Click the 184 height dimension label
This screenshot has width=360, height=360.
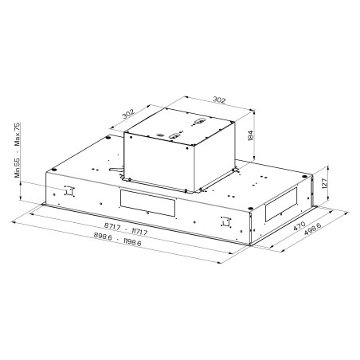coord(251,135)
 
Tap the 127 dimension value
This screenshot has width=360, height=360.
coord(325,183)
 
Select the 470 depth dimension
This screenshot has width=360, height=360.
coord(299,226)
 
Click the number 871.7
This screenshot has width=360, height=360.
coord(112,227)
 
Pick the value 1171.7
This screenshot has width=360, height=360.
coord(139,232)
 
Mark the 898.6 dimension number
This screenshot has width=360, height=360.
coord(103,236)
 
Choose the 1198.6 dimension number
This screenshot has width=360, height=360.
coord(132,242)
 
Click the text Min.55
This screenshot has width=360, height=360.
coord(18,167)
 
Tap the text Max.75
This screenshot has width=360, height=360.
coord(18,135)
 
